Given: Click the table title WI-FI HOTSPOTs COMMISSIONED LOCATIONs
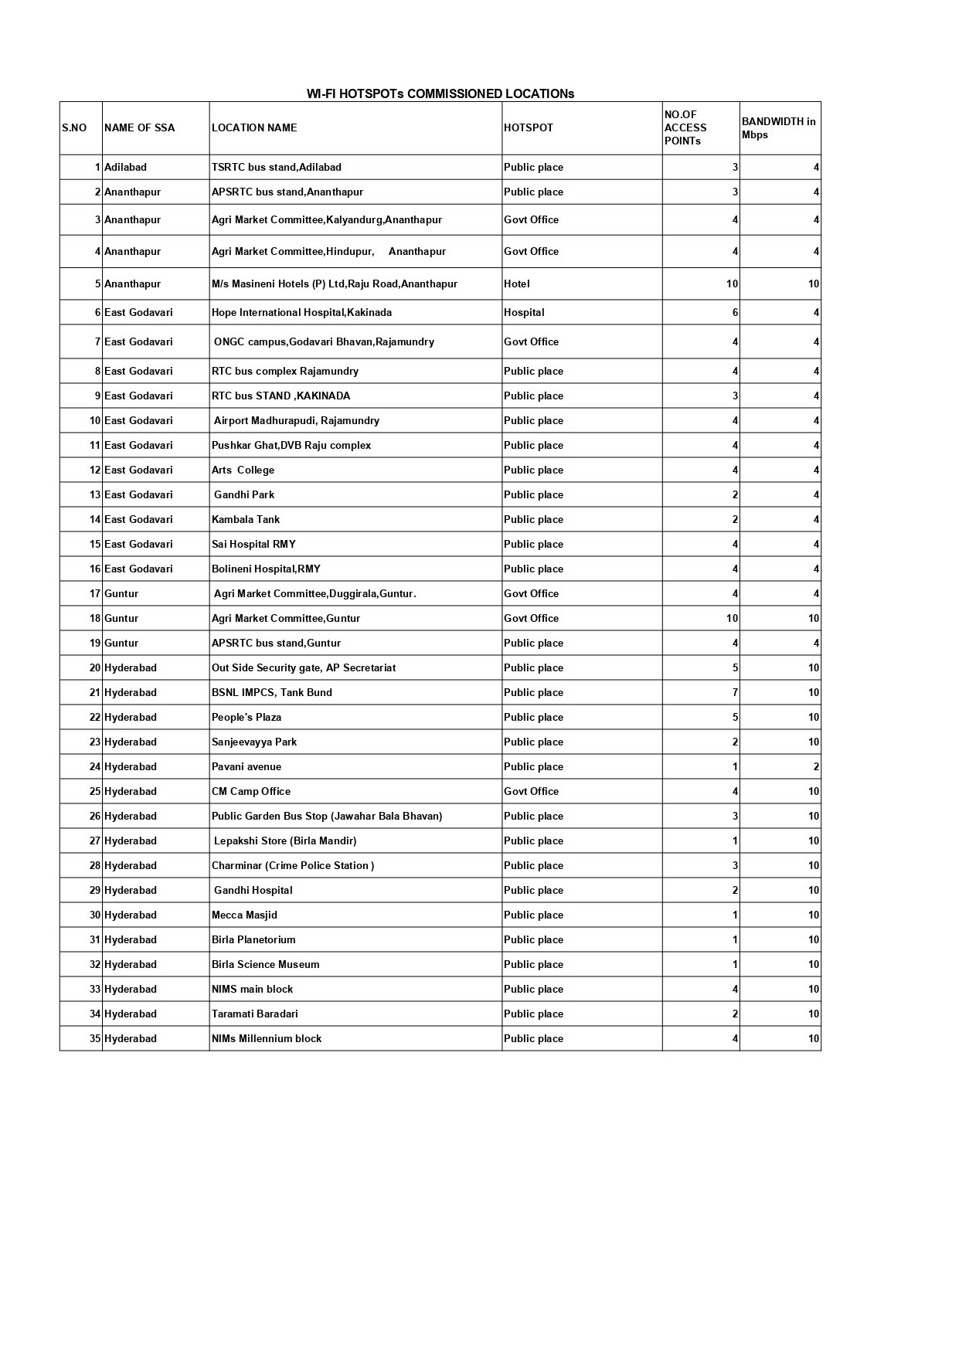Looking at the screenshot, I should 440,93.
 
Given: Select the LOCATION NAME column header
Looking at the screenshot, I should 254,127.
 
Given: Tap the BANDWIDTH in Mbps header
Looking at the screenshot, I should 778,127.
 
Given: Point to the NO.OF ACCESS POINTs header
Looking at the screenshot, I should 685,127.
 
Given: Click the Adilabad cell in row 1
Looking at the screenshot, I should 125,167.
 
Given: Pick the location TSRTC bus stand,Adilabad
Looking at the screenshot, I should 277,167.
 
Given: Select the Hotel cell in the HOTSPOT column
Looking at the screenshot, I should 517,284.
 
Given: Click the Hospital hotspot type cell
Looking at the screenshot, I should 524,312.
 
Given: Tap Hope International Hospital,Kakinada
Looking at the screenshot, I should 301,312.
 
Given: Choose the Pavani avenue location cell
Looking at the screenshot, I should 247,766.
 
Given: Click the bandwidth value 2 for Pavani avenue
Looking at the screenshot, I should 816,766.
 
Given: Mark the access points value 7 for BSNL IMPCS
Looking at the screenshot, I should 735,692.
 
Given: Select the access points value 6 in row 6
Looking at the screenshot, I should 735,312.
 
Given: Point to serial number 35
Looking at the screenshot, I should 95,1038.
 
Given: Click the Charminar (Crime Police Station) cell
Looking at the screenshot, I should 293,865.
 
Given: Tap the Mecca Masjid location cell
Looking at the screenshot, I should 244,915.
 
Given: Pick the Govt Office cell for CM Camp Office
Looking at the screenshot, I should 531,791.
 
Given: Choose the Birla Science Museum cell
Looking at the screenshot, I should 265,964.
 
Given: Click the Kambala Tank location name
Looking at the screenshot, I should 246,519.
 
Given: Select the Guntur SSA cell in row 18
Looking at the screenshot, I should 121,618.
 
